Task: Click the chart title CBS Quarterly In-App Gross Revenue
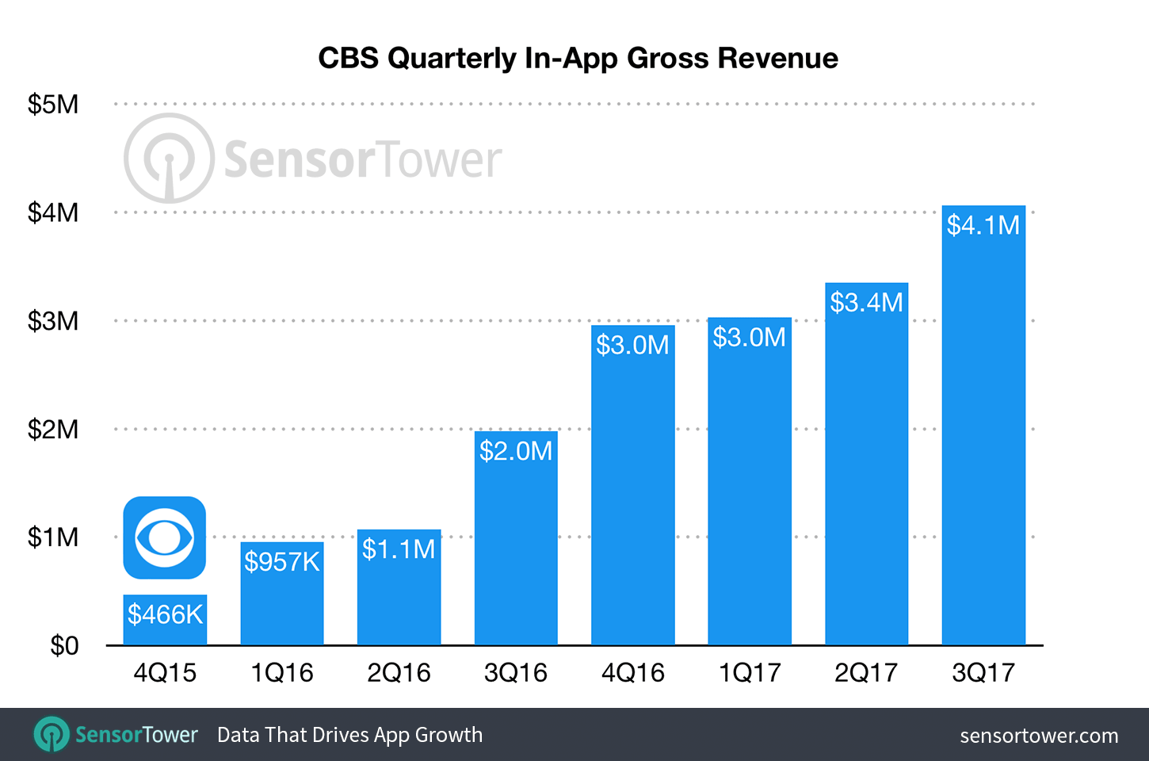(578, 59)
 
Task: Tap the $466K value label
(165, 614)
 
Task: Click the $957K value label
(282, 562)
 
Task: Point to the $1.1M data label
(399, 549)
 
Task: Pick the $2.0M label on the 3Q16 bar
(516, 451)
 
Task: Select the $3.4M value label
(866, 303)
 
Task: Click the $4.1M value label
(983, 226)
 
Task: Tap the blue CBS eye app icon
(165, 537)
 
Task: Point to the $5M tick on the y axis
(53, 105)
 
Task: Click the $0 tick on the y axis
(64, 646)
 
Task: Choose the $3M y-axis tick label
(53, 321)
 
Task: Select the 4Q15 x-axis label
(165, 673)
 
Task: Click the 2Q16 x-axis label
(399, 673)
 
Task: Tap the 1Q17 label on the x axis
(750, 673)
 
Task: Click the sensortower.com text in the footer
(1039, 736)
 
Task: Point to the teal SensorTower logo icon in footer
(52, 734)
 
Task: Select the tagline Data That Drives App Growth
(349, 735)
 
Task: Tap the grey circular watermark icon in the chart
(169, 159)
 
